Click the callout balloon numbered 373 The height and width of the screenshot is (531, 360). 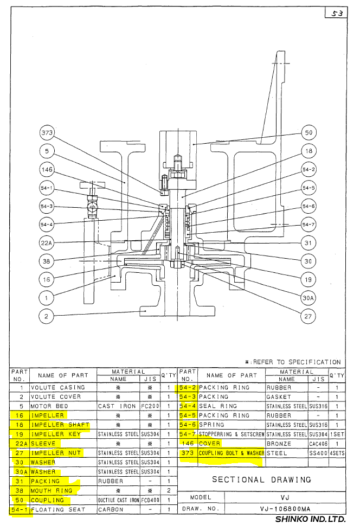48,132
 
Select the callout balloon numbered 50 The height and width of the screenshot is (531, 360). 308,132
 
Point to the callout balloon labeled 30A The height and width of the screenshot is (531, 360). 308,297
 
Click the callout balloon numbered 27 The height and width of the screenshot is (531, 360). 308,316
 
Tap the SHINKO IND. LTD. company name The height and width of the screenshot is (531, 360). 310,519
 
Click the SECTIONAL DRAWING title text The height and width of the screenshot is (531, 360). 261,479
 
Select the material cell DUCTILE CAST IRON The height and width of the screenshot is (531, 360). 118,500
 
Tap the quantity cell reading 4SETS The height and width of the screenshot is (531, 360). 337,453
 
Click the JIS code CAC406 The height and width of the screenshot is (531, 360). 319,443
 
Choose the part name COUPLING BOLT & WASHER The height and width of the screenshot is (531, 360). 232,453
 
